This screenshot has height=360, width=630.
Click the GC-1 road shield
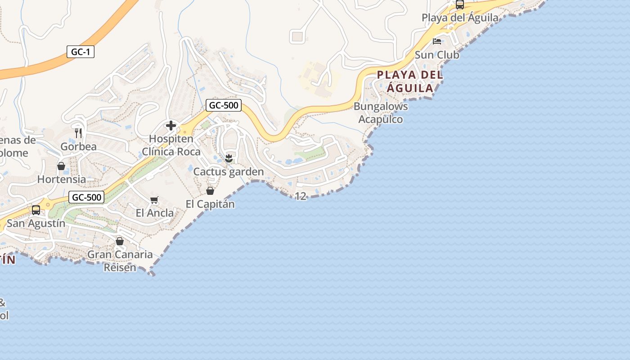pyautogui.click(x=81, y=52)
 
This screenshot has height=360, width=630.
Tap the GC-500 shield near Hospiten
pyautogui.click(x=224, y=106)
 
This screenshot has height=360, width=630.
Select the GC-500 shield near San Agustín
pyautogui.click(x=87, y=197)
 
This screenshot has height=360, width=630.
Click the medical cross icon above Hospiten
pyautogui.click(x=171, y=126)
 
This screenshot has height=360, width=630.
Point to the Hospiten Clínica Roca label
pyautogui.click(x=171, y=145)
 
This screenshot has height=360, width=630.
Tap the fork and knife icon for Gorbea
pyautogui.click(x=78, y=133)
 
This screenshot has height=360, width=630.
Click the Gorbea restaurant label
pyautogui.click(x=78, y=147)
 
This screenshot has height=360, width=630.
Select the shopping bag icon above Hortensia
pyautogui.click(x=61, y=166)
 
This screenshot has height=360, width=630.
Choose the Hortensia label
pyautogui.click(x=61, y=179)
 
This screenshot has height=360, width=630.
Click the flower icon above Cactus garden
pyautogui.click(x=229, y=158)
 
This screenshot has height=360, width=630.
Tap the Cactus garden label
pyautogui.click(x=228, y=172)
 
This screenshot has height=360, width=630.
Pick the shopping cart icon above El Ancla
pyautogui.click(x=154, y=200)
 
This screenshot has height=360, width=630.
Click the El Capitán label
pyautogui.click(x=210, y=204)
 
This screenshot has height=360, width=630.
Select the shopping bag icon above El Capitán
pyautogui.click(x=210, y=191)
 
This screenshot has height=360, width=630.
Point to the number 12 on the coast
pyautogui.click(x=300, y=196)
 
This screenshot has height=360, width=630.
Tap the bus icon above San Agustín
pyautogui.click(x=36, y=210)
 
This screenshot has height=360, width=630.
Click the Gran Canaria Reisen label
pyautogui.click(x=120, y=261)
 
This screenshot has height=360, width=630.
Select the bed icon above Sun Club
pyautogui.click(x=436, y=41)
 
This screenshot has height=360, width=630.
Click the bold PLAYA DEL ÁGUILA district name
pyautogui.click(x=410, y=81)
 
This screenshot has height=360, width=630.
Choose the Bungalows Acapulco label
pyautogui.click(x=381, y=113)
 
